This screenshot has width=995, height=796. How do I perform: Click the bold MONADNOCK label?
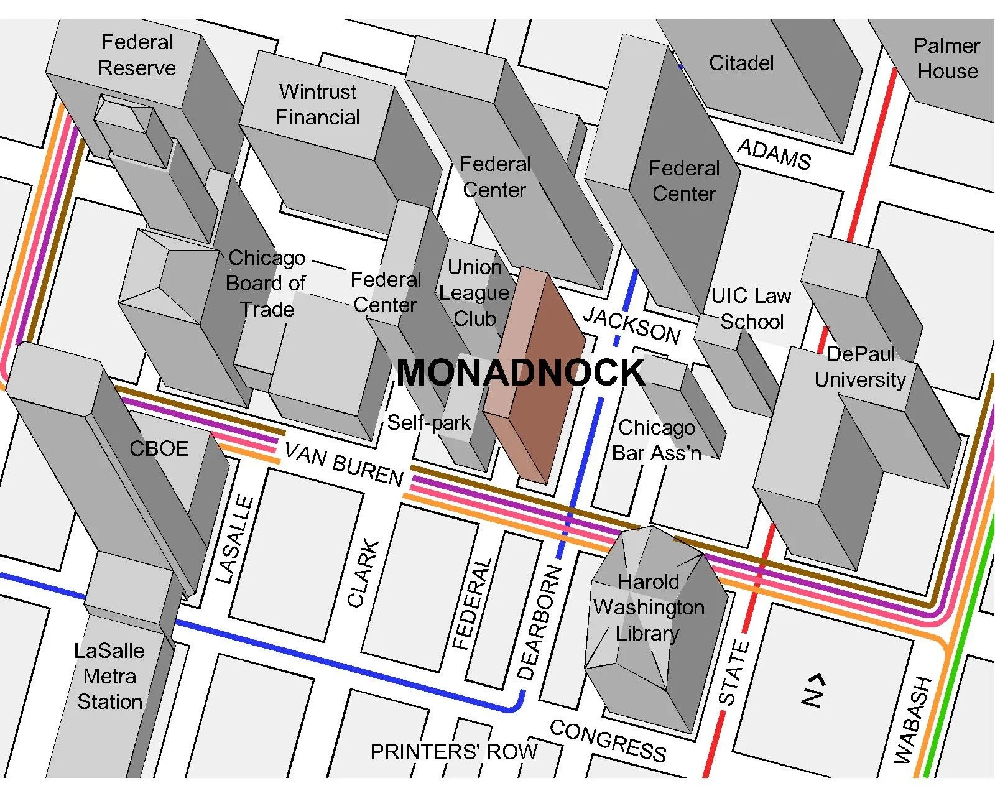point(521,373)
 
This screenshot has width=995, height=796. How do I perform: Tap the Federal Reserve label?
point(137,55)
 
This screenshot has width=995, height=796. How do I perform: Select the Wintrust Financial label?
point(318,104)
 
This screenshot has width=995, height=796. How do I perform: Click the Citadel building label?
point(741,63)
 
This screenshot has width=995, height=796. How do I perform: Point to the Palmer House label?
point(947,58)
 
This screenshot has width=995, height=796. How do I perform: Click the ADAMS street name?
point(774,154)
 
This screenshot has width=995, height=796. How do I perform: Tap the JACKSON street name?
point(631,325)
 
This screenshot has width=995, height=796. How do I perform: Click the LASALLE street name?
point(234,539)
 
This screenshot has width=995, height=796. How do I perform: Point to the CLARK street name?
point(363,573)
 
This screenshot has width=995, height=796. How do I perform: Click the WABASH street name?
point(913,720)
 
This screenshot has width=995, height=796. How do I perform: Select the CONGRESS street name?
point(608,741)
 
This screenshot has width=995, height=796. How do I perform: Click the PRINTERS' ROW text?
point(453,752)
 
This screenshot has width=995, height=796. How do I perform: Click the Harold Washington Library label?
point(649,608)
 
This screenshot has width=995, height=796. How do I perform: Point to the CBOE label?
point(159,449)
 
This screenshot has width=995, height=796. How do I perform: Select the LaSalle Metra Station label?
point(109,677)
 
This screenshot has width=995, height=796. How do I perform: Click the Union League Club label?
point(474,293)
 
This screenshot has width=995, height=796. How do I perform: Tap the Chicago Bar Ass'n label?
point(657,440)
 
